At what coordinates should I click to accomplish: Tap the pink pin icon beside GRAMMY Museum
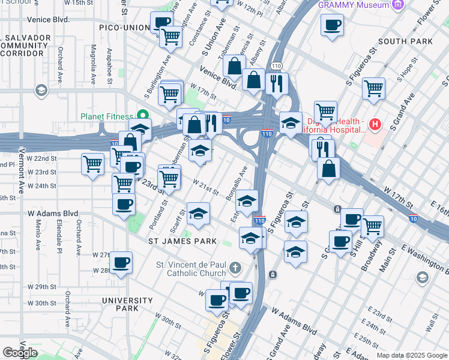tap(397, 5)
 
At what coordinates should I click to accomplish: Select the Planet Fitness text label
tap(108, 116)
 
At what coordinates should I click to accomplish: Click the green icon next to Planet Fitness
tap(143, 115)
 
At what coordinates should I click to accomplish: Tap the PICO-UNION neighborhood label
tap(123, 28)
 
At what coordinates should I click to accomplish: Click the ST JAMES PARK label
tap(182, 241)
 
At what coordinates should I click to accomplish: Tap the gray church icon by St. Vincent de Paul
tap(235, 267)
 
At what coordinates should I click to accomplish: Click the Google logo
tap(20, 353)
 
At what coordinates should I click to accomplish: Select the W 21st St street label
tap(205, 187)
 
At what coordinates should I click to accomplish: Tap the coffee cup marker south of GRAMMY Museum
tap(332, 26)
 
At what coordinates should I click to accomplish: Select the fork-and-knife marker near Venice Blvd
tap(276, 83)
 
